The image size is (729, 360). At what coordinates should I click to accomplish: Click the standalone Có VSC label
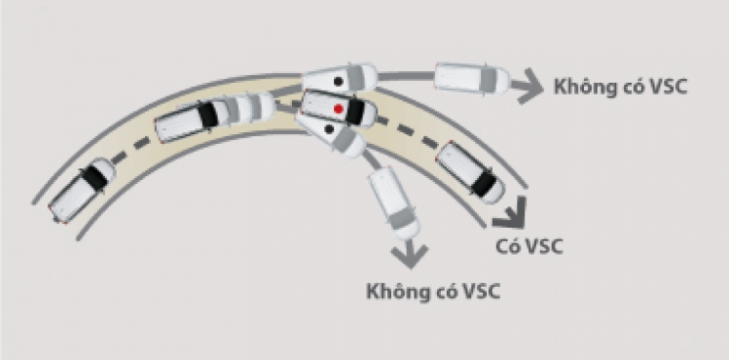point(529,245)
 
